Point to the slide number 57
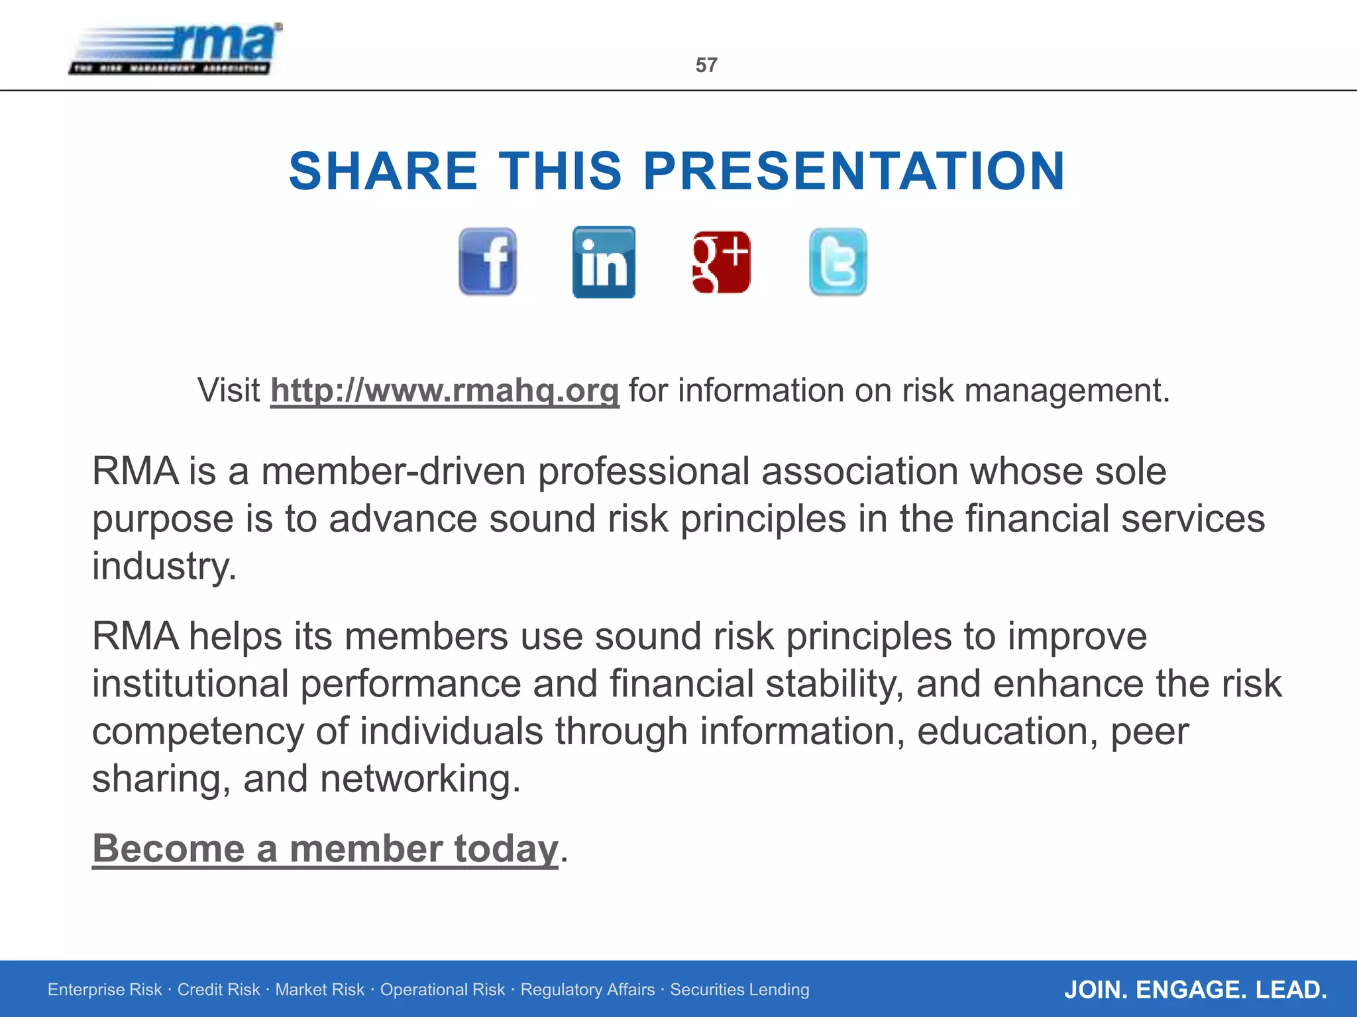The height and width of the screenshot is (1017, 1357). [706, 65]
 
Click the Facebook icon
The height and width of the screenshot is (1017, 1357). [488, 262]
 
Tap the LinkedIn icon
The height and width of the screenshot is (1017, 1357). [604, 262]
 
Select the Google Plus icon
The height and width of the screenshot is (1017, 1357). [721, 262]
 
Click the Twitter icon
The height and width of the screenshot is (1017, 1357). [838, 262]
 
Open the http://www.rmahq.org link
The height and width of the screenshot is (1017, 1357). [445, 390]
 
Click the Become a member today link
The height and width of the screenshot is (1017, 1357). [325, 848]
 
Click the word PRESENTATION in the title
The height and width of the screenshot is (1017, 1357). [854, 171]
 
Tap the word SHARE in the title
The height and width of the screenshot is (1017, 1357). [383, 171]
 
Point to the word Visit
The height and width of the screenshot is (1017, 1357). [229, 390]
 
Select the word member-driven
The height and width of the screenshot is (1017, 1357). [394, 471]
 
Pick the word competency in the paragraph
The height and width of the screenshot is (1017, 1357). [197, 732]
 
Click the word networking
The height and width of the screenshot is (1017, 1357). [415, 779]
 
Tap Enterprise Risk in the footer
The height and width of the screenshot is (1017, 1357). [105, 990]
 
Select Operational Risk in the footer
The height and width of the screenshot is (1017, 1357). [442, 990]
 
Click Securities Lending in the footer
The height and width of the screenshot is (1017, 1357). [739, 990]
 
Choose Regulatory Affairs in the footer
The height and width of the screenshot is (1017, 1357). [587, 990]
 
